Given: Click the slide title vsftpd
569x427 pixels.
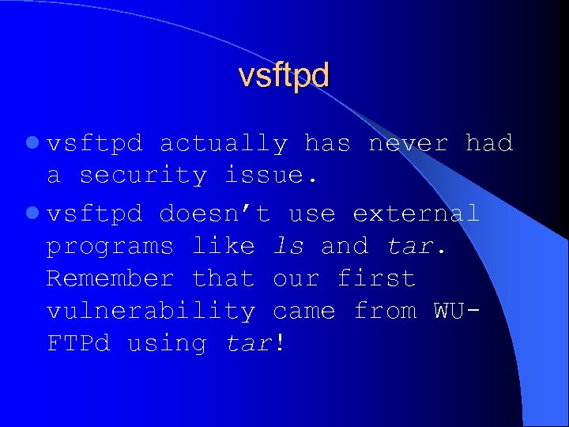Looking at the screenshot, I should click(284, 76).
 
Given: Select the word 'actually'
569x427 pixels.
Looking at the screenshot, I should click(224, 144).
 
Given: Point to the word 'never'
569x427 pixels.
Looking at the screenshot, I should click(409, 144).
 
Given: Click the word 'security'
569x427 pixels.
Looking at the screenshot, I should click(143, 176).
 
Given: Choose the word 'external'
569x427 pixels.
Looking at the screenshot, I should click(416, 213).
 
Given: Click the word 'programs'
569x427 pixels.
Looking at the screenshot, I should click(110, 247).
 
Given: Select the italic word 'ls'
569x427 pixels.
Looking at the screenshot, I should click(288, 246).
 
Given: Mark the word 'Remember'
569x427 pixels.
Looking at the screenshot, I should click(110, 278).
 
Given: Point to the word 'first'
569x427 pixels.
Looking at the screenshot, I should click(376, 278).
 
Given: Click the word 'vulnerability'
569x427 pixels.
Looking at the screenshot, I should click(151, 311).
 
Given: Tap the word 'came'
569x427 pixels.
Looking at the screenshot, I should click(304, 311).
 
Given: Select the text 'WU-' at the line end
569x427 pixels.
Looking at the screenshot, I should click(457, 311).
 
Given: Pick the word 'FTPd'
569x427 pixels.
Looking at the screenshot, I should click(78, 343).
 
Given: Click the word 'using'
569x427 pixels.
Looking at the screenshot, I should click(167, 344).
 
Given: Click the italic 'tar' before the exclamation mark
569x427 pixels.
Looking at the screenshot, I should click(248, 343).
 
